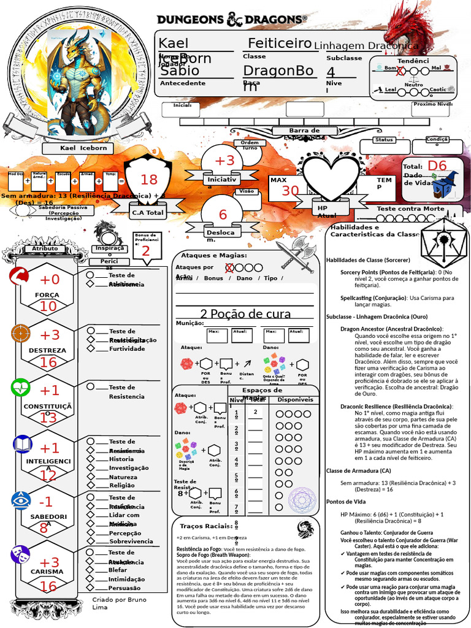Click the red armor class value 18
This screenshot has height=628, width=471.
pyautogui.click(x=149, y=180)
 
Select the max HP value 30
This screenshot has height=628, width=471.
pyautogui.click(x=290, y=191)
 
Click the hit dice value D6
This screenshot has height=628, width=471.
pyautogui.click(x=437, y=166)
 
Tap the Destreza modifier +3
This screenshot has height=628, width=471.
pyautogui.click(x=50, y=335)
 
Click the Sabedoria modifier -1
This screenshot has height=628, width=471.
pyautogui.click(x=46, y=502)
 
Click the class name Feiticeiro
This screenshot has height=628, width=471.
pyautogui.click(x=280, y=43)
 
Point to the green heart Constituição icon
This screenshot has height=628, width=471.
pyautogui.click(x=20, y=388)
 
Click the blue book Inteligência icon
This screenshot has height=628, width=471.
pyautogui.click(x=22, y=443)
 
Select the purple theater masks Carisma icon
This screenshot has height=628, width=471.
pyautogui.click(x=20, y=555)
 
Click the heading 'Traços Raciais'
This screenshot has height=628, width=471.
pyautogui.click(x=203, y=526)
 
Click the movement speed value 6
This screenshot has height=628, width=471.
pyautogui.click(x=223, y=215)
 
